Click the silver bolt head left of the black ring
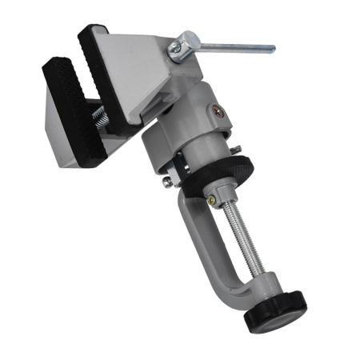click(166, 182)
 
